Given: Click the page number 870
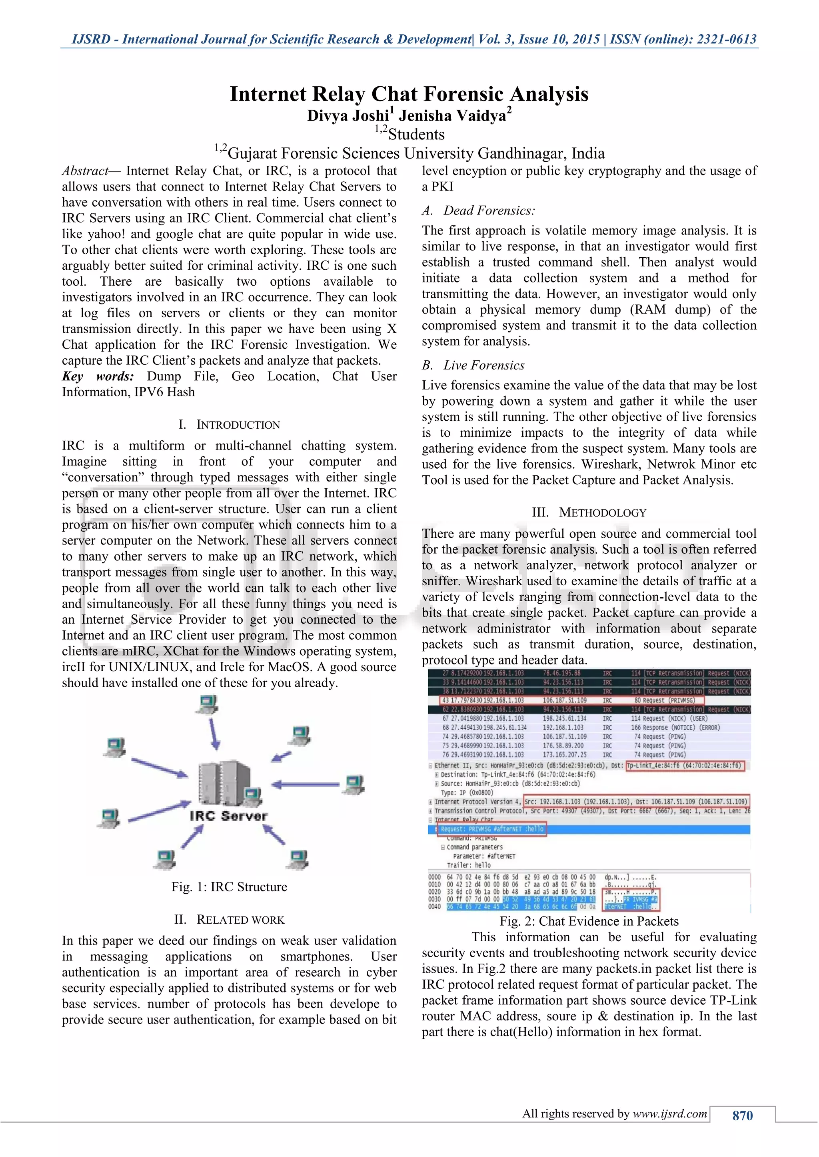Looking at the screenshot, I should (742, 1115).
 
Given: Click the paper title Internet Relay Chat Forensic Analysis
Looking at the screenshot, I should (409, 94).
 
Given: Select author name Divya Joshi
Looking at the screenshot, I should (348, 116).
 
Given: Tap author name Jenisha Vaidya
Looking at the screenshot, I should (452, 116).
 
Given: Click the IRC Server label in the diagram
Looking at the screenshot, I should (228, 815).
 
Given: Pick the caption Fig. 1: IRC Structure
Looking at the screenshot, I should (229, 887).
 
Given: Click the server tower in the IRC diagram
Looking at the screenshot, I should (224, 782).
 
